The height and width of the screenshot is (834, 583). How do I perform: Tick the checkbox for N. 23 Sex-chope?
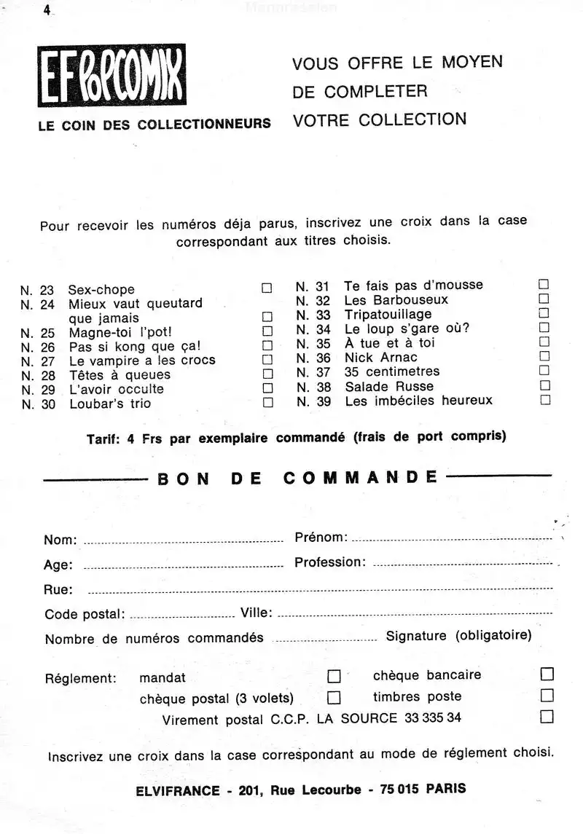click(x=267, y=288)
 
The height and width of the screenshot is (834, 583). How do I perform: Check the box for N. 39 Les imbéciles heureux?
click(x=544, y=400)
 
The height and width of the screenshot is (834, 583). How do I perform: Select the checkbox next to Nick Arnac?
click(x=544, y=357)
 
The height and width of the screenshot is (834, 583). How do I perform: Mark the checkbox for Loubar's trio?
click(x=267, y=402)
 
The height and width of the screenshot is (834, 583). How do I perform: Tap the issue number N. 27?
click(x=38, y=361)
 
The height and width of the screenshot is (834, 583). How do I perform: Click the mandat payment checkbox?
click(x=334, y=676)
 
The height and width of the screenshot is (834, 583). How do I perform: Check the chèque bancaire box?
click(x=547, y=673)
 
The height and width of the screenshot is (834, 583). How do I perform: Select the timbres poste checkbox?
click(x=547, y=695)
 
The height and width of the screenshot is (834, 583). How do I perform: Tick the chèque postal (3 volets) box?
click(x=334, y=698)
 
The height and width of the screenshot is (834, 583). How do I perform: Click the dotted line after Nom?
click(x=183, y=542)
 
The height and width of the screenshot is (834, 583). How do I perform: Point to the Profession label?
click(x=329, y=562)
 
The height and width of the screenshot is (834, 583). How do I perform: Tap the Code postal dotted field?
click(x=181, y=616)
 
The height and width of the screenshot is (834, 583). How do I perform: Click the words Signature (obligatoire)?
click(x=458, y=636)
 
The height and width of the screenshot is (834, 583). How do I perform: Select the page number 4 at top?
click(x=47, y=10)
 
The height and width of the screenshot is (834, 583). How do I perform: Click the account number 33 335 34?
click(x=432, y=718)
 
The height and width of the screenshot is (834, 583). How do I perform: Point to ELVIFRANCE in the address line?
click(x=177, y=790)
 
